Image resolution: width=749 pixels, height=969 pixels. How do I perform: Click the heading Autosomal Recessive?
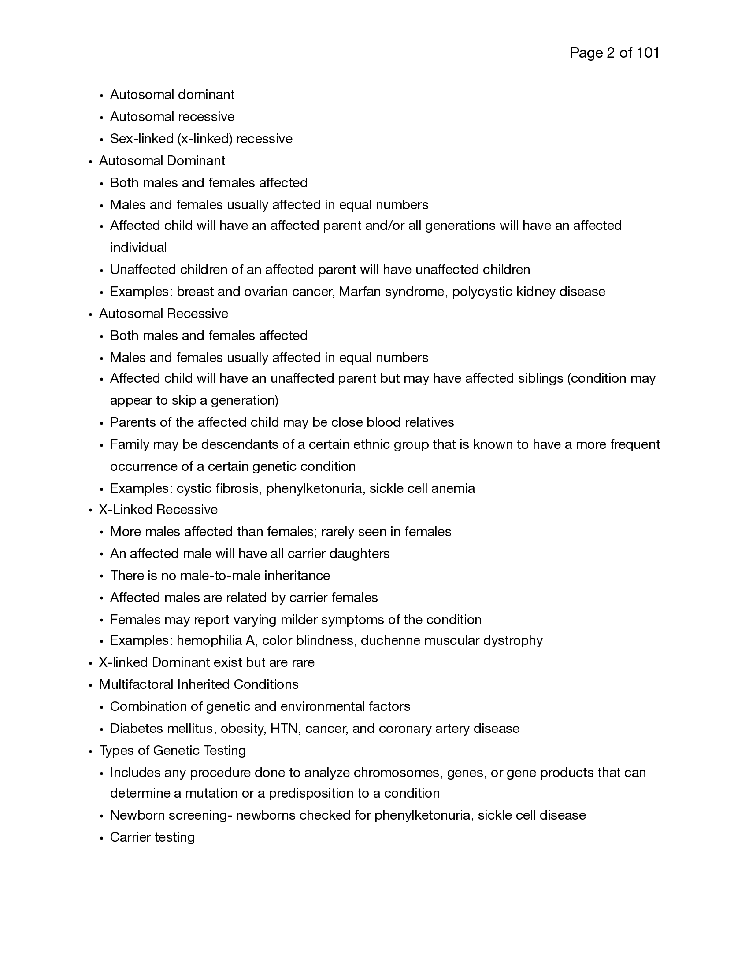[163, 314]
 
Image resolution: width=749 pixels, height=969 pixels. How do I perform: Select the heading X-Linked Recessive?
[158, 510]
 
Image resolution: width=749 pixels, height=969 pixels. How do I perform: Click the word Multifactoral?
[136, 684]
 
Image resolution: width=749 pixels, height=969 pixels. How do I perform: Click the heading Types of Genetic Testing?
[172, 751]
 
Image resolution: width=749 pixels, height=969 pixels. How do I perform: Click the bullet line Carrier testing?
[152, 837]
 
